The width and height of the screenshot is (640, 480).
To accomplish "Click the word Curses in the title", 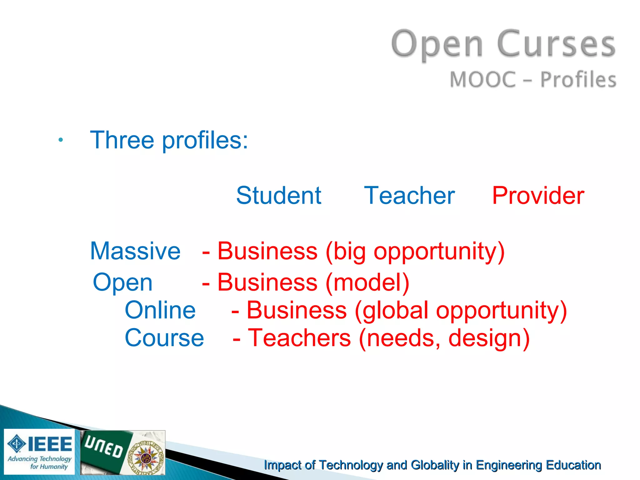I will click(556, 44).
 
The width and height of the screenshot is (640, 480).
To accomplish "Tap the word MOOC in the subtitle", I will click(483, 79).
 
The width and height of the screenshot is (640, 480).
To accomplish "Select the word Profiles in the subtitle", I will click(578, 79).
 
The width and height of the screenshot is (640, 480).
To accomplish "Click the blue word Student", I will click(278, 196).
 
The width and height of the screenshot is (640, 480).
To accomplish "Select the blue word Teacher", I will click(409, 196).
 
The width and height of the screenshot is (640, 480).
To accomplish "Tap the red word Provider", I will click(538, 196).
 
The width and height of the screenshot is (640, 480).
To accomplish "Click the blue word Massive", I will click(135, 251).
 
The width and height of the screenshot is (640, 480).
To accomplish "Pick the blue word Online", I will click(160, 310).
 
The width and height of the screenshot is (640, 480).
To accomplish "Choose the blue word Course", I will click(164, 338).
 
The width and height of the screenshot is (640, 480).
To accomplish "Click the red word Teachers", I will click(299, 338).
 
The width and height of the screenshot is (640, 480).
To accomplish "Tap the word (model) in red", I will click(367, 282).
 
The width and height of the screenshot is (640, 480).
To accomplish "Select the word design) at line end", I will click(489, 338).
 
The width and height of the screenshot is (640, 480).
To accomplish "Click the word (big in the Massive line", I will click(345, 252).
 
